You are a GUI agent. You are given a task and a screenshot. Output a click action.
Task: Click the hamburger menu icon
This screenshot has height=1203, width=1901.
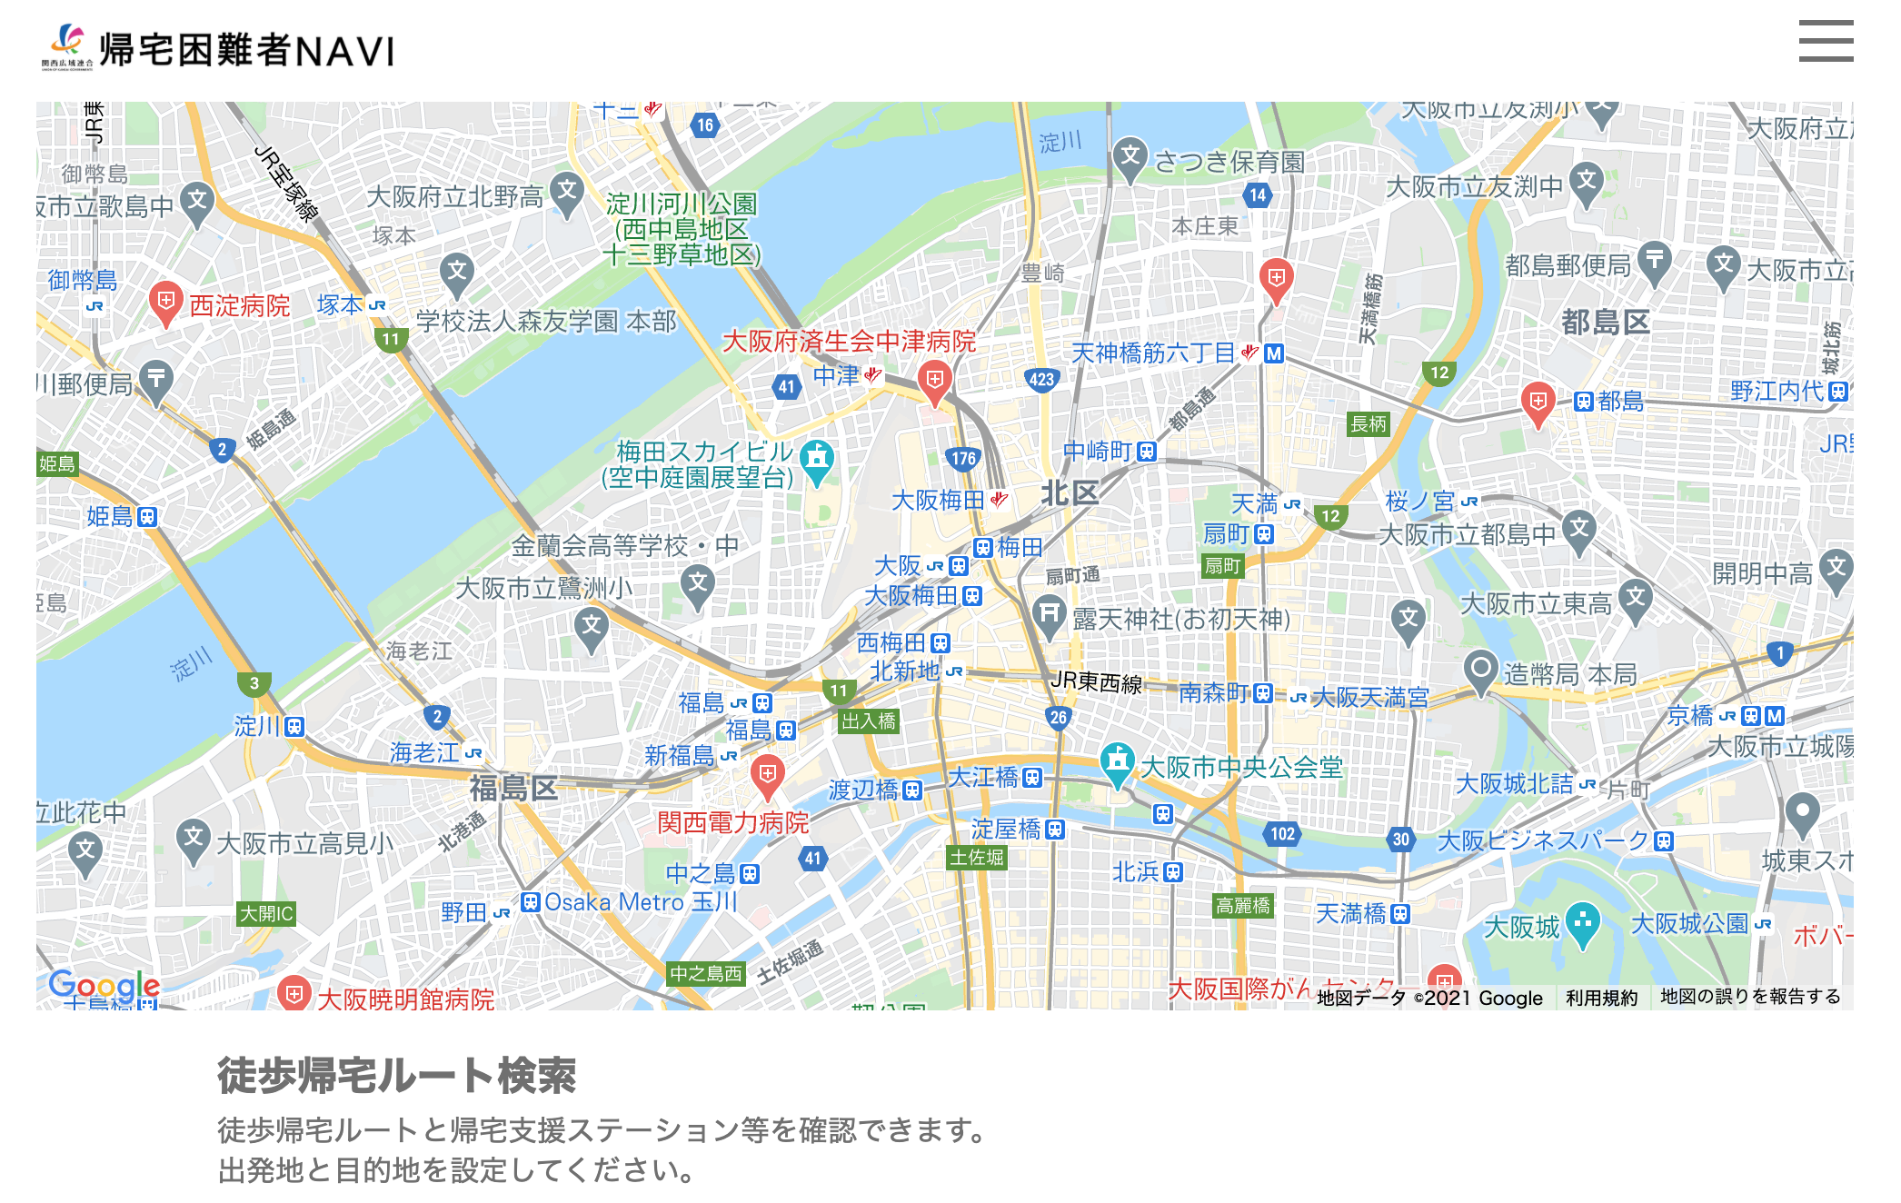(x=1825, y=42)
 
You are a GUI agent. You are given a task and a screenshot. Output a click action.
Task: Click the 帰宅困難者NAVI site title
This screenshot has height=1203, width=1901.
(x=246, y=50)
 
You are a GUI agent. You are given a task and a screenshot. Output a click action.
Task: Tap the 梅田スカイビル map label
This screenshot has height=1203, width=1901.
(x=704, y=452)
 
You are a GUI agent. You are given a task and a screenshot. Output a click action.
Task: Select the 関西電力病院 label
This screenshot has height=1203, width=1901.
(x=732, y=822)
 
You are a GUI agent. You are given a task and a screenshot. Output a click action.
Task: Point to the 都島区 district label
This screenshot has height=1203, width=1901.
(x=1605, y=322)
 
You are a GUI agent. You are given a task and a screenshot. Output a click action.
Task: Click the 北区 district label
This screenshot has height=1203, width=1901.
(x=1070, y=493)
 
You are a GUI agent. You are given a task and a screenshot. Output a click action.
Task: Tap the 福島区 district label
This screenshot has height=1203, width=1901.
(x=513, y=788)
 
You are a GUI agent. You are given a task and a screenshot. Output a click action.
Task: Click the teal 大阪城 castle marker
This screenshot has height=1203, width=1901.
(x=1582, y=923)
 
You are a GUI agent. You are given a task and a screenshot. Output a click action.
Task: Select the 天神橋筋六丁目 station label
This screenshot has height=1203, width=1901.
(x=1153, y=353)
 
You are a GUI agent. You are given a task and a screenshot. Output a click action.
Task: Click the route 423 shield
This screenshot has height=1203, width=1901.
(x=1041, y=380)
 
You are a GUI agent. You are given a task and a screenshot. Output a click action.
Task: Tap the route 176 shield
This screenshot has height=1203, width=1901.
(x=963, y=458)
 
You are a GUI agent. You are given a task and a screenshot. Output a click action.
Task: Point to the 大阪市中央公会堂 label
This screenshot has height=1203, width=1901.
(x=1241, y=767)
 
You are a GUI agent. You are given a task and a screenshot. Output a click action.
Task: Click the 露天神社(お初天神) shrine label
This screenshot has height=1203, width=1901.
(x=1180, y=619)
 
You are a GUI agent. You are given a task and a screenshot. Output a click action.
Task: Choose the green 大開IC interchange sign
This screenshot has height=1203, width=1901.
(x=266, y=913)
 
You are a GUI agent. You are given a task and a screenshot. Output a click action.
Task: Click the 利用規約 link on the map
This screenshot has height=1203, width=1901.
(x=1601, y=998)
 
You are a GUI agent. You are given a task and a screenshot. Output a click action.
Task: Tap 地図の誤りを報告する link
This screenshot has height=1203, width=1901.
(x=1750, y=997)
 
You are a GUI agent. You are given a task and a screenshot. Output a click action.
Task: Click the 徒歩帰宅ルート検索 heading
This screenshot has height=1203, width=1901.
(x=396, y=1076)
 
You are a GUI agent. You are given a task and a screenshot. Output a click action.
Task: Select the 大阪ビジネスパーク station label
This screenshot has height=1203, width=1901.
(x=1542, y=840)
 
